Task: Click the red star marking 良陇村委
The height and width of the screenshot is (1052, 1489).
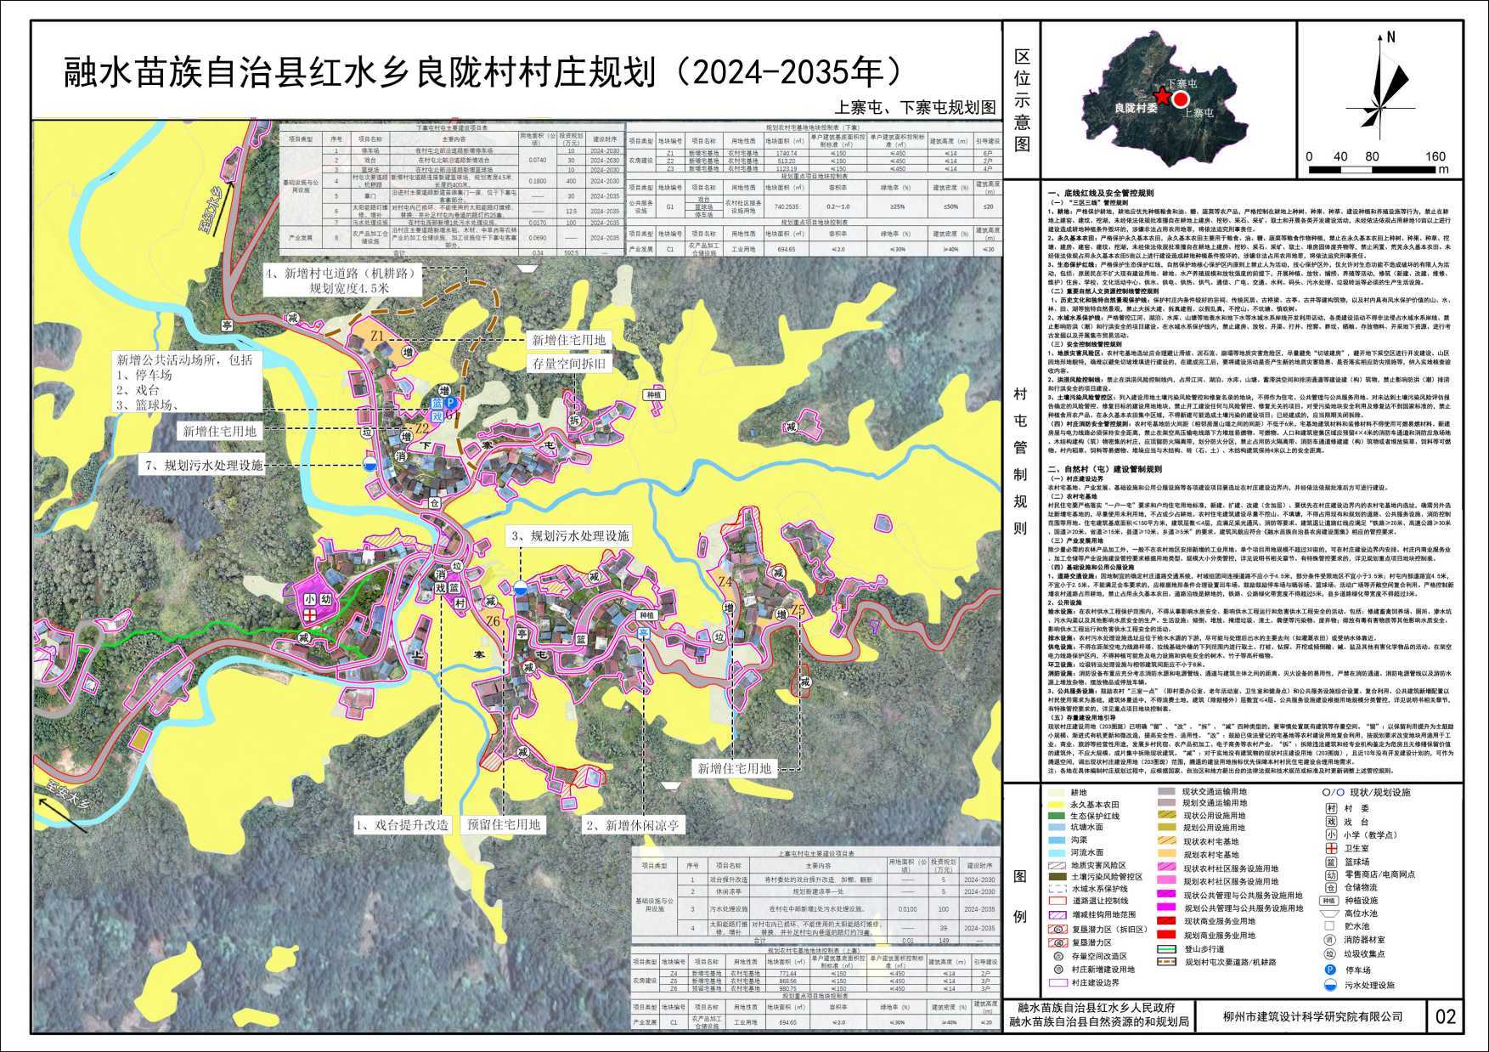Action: pyautogui.click(x=1161, y=98)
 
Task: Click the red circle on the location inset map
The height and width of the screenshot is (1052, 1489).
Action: pyautogui.click(x=1181, y=100)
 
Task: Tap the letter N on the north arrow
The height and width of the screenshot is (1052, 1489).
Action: pyautogui.click(x=1390, y=37)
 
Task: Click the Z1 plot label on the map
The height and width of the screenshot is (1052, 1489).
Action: pyautogui.click(x=378, y=337)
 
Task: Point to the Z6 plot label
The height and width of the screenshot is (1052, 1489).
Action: pyautogui.click(x=493, y=621)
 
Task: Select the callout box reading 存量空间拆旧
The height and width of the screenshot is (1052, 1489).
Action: pyautogui.click(x=570, y=364)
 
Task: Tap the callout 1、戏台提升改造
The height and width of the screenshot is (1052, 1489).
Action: pyautogui.click(x=401, y=824)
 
